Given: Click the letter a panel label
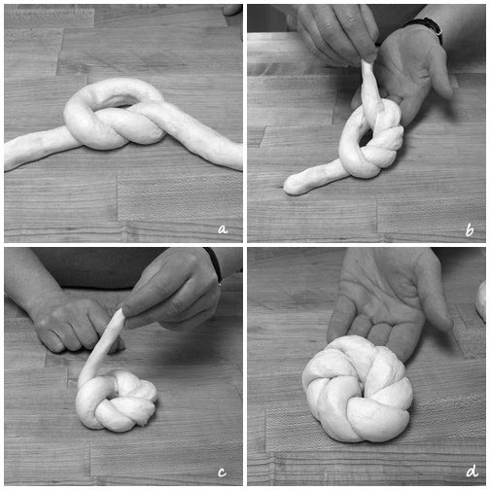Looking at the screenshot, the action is [223, 229].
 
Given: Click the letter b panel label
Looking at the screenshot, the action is [470, 230].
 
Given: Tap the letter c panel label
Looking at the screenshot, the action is [222, 472].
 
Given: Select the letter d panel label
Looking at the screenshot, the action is [472, 471].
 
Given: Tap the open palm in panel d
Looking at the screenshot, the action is [386, 311].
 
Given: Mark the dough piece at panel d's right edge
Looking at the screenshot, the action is [481, 301].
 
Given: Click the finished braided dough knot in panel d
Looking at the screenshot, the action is [358, 389].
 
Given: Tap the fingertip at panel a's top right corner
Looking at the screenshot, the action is [233, 10].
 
